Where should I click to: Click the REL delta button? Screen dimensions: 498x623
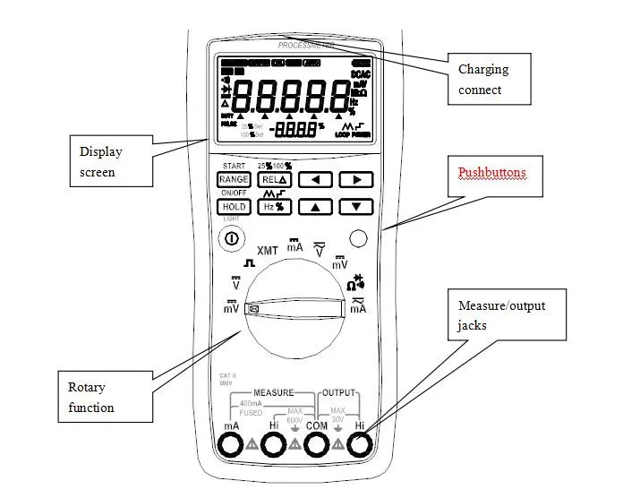click(274, 179)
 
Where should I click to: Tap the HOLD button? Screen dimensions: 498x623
click(234, 207)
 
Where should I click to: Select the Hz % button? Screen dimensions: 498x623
click(274, 207)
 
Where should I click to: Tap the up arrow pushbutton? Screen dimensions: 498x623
click(315, 207)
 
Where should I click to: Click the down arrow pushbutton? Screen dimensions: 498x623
click(357, 207)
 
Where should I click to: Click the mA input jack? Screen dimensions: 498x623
click(231, 445)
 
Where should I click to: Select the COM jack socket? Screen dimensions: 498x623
click(317, 445)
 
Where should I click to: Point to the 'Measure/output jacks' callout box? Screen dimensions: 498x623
click(508, 315)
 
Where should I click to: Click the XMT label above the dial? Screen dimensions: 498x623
click(268, 250)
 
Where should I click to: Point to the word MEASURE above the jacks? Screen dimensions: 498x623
click(273, 392)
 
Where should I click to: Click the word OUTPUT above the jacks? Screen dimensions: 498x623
click(339, 392)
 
